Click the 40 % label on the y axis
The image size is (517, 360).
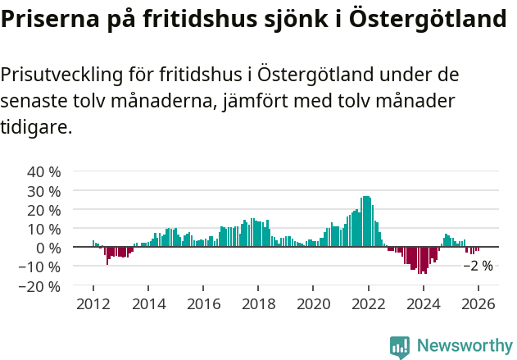click(x=44, y=172)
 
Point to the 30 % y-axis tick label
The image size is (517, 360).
click(x=44, y=191)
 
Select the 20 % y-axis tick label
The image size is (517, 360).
click(x=44, y=210)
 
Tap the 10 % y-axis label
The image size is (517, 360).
click(x=44, y=229)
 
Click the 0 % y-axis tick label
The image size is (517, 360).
click(x=48, y=248)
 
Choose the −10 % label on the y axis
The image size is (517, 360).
click(x=40, y=267)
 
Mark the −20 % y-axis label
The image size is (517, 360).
click(x=40, y=286)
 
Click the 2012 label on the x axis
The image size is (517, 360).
click(x=93, y=304)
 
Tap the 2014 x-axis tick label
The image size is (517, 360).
click(x=148, y=304)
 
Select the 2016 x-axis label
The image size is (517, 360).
click(x=203, y=304)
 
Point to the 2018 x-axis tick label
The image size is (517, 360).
click(x=258, y=304)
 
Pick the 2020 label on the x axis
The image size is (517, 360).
click(x=313, y=304)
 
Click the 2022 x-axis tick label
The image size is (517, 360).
click(x=369, y=304)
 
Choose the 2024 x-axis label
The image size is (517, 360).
click(x=424, y=304)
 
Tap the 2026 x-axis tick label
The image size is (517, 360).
click(x=478, y=304)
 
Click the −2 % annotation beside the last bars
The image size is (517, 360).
click(x=478, y=266)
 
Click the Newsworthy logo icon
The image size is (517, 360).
click(x=400, y=347)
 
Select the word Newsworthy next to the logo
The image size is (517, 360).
click(x=464, y=347)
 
